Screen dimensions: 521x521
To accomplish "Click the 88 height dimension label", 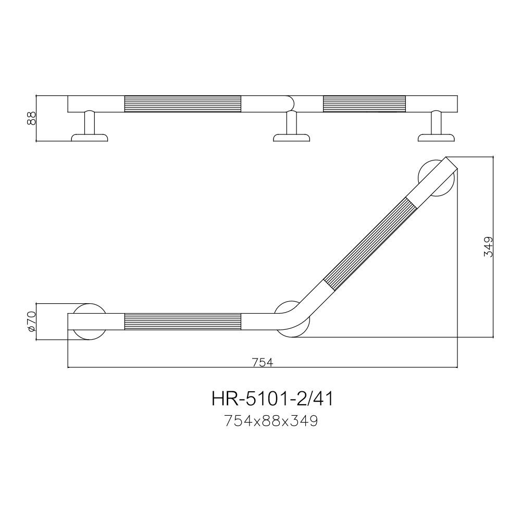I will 31,118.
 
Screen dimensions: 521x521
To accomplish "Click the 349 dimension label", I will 488,246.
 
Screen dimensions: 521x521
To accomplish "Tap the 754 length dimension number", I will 263,363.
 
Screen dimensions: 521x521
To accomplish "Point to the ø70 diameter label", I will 31,321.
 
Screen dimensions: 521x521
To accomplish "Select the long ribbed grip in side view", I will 182,104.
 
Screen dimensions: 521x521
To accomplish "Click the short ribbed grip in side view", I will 364,104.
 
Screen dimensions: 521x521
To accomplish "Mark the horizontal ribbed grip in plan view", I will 182,322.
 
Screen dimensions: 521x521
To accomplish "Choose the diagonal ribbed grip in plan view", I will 369,241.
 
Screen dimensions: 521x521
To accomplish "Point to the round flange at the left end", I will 90,321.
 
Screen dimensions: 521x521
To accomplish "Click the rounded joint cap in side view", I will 289,103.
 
